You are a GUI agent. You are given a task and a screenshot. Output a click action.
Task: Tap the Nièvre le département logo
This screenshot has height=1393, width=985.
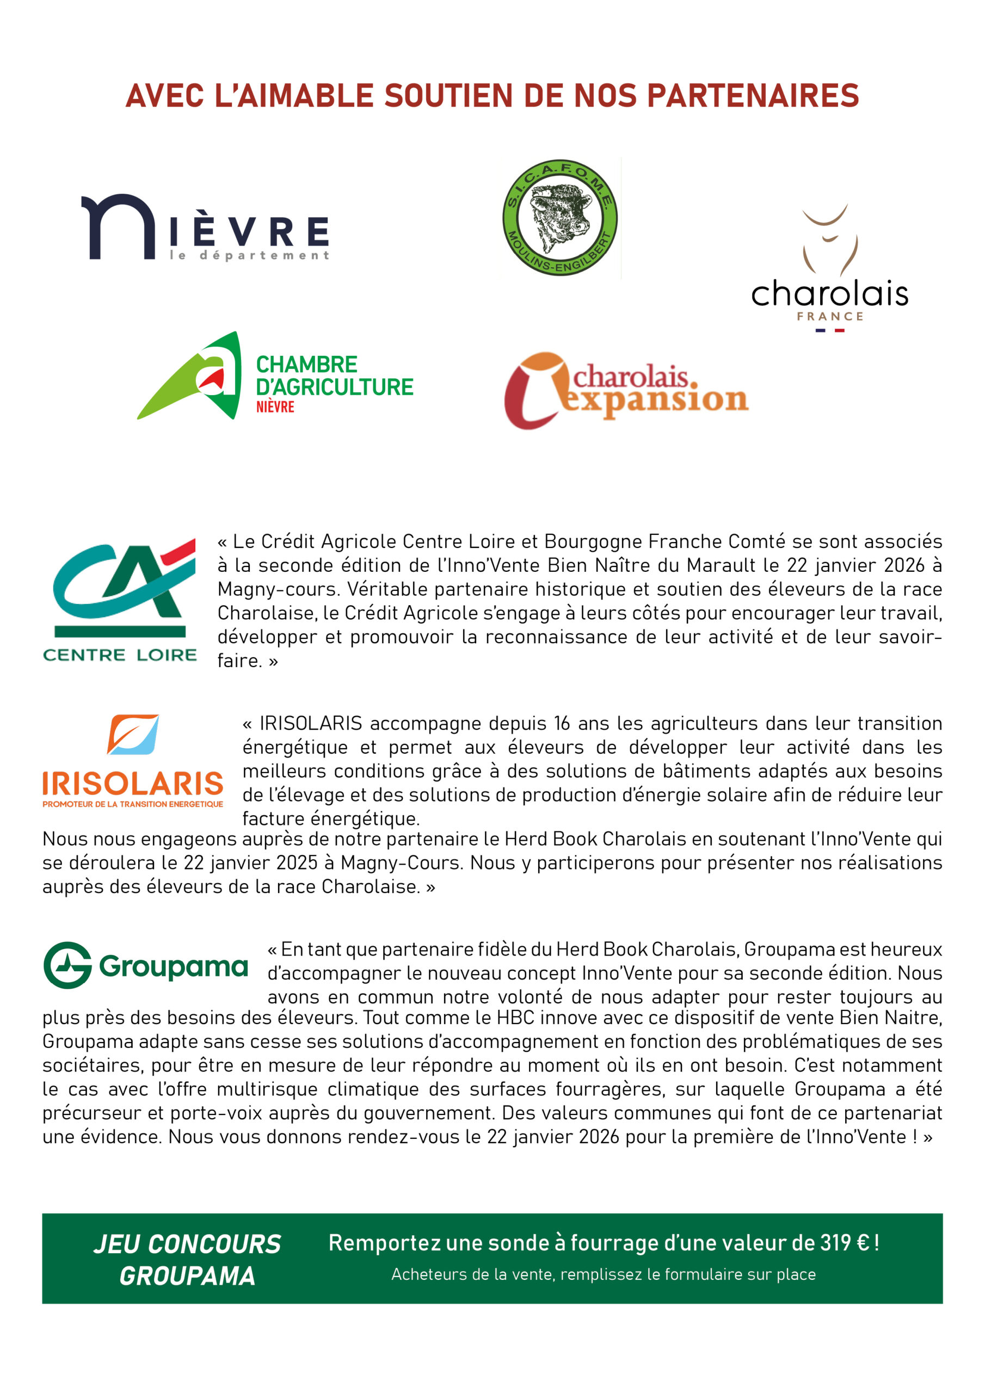tap(205, 228)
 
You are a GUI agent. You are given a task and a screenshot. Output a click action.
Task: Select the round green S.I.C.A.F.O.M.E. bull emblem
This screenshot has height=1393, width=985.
tap(559, 218)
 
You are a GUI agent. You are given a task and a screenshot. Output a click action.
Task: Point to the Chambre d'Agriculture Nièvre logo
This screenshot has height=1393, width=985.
tap(275, 377)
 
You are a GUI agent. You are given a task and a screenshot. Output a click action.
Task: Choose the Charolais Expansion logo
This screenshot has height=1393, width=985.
tap(626, 391)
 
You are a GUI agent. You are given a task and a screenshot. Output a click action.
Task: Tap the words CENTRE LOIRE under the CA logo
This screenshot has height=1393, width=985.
tap(120, 655)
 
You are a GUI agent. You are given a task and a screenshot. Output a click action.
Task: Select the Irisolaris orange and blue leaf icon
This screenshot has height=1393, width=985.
tap(133, 734)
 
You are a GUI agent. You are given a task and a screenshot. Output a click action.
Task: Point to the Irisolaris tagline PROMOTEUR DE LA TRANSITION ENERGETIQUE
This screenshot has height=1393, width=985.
tap(133, 804)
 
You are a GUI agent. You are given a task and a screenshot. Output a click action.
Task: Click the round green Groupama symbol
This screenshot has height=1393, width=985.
tap(67, 965)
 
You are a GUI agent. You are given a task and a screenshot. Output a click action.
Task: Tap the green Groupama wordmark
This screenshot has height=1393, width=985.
tap(174, 966)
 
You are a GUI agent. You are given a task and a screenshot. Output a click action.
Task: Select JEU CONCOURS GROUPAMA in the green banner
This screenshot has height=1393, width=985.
tap(187, 1260)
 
